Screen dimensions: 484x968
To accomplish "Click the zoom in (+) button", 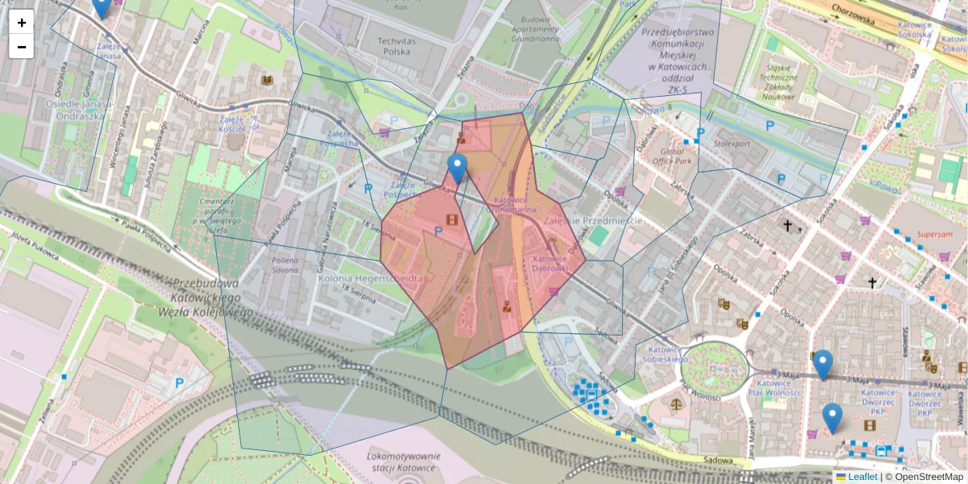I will coord(22,22).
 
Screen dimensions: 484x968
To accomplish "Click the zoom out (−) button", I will coord(22,47).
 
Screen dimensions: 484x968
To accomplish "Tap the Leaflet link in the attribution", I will coord(862,477).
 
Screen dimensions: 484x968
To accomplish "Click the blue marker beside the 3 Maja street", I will coord(822,365).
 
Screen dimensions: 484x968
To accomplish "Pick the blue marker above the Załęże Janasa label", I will coord(101,6).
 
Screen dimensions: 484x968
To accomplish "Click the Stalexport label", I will coord(732,144).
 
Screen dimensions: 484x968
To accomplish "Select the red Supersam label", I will coord(934,236).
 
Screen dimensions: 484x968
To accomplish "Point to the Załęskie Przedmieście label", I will coord(592,220).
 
